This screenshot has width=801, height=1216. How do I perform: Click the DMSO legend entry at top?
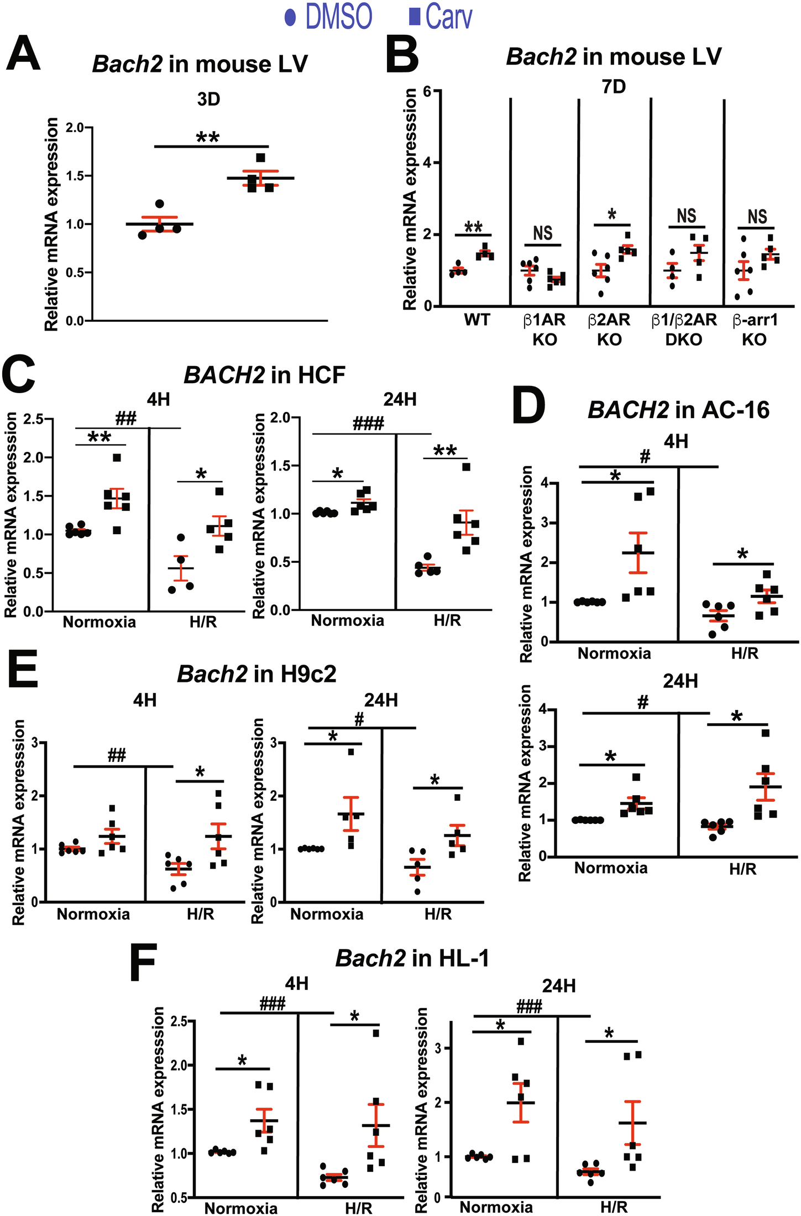(328, 17)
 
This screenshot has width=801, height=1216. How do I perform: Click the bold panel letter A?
(23, 54)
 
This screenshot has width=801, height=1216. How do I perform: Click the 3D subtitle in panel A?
(208, 100)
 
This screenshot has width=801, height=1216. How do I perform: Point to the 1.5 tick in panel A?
(74, 176)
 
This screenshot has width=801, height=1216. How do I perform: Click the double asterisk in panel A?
(208, 137)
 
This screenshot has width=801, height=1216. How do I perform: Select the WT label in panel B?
(477, 320)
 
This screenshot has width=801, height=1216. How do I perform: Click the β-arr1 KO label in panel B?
(755, 330)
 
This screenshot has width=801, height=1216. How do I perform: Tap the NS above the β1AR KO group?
(542, 233)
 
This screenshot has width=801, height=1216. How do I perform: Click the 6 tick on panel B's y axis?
(427, 91)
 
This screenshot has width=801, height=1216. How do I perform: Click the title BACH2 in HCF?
(264, 375)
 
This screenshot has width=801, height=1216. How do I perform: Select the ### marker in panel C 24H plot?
(369, 424)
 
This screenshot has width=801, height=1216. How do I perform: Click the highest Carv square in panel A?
(260, 158)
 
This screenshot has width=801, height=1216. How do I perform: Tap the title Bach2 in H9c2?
(256, 674)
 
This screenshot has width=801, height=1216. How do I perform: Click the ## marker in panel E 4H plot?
(117, 755)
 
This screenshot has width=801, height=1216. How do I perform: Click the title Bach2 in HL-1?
(412, 958)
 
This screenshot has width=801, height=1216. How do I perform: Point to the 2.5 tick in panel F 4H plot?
(178, 1021)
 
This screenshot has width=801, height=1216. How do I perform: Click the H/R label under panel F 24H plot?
(614, 1207)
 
